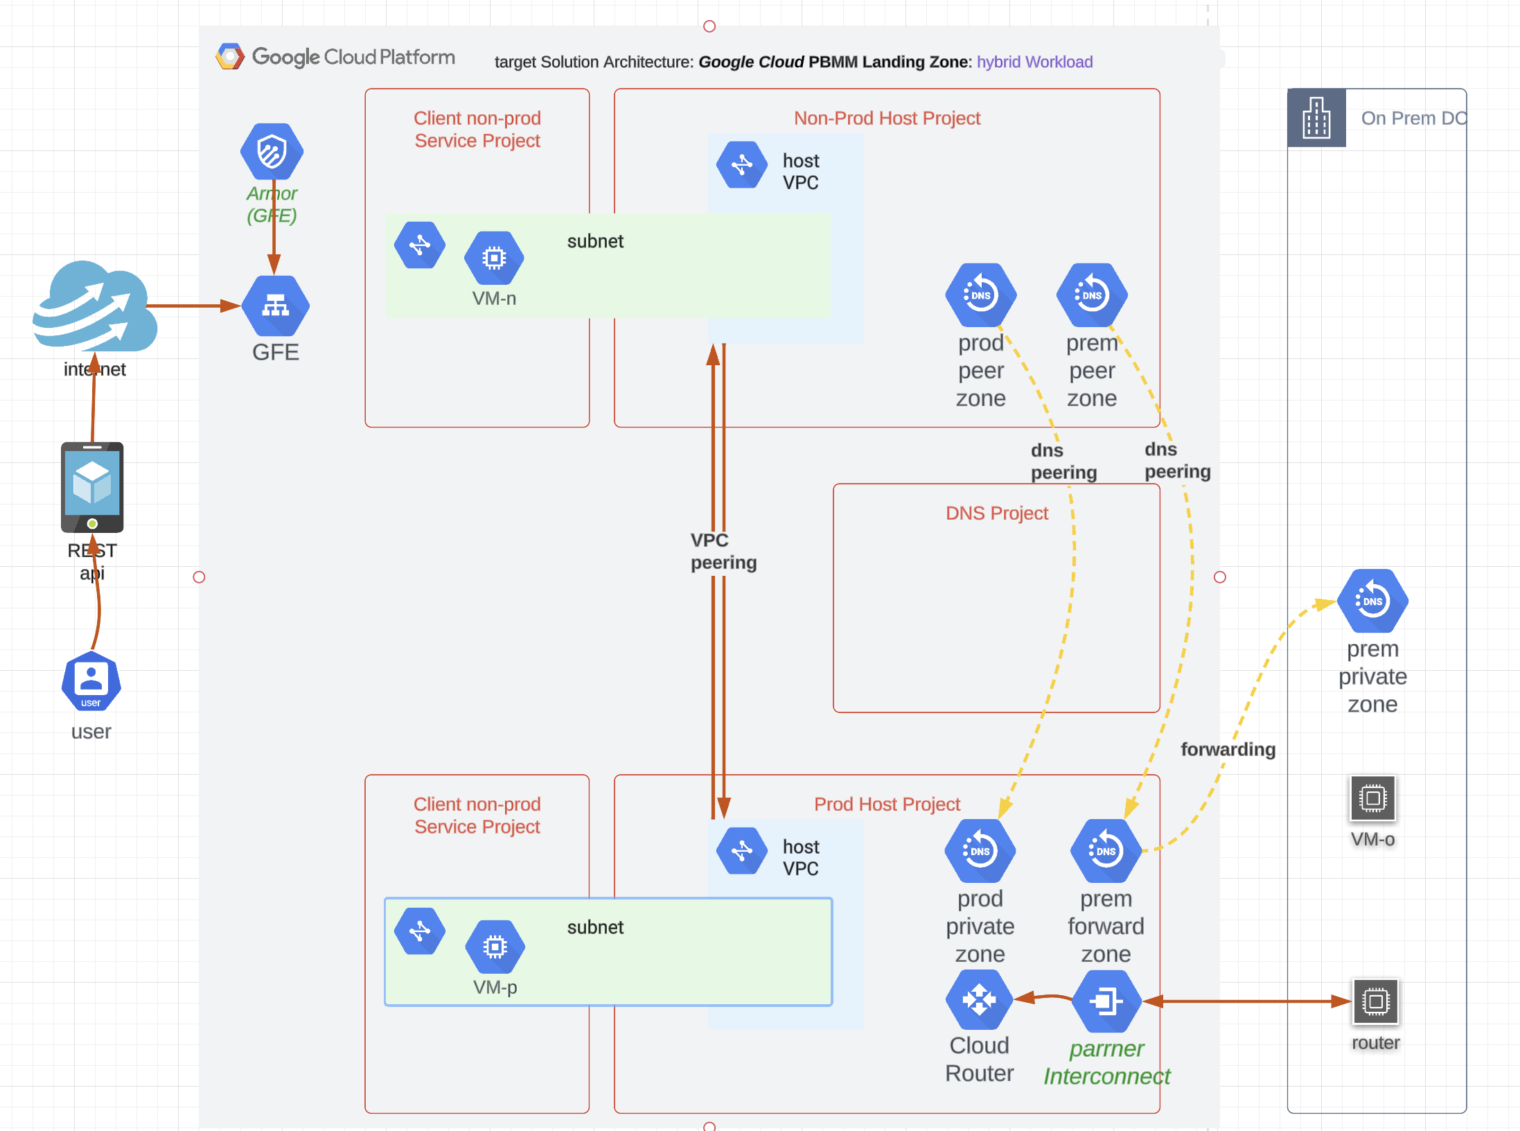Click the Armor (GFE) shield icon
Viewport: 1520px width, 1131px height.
coord(272,151)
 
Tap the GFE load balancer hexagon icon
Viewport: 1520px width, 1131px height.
coord(275,306)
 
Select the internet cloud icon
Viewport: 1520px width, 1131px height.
coord(95,307)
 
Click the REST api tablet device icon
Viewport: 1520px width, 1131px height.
coord(92,487)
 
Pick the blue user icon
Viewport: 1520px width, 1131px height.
coord(91,681)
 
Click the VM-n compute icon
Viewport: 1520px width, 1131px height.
coord(494,258)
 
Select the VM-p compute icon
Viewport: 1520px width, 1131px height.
coord(495,946)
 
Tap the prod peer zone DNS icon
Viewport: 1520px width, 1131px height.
coord(980,295)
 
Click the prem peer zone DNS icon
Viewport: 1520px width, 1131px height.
coord(1092,295)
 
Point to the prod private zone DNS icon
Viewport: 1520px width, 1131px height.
coord(980,851)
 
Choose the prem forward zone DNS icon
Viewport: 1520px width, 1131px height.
coord(1106,851)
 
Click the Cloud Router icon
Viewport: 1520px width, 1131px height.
coord(979,1000)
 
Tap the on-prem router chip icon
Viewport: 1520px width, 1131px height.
coord(1375,1001)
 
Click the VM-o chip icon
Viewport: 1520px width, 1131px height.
coord(1372,798)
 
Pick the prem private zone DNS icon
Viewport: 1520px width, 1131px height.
coord(1372,601)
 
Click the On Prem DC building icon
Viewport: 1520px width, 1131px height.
coord(1316,118)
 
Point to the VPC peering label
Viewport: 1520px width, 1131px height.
coord(723,551)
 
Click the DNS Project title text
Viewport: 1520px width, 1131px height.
coord(996,513)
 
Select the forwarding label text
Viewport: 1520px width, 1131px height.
coord(1228,749)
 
